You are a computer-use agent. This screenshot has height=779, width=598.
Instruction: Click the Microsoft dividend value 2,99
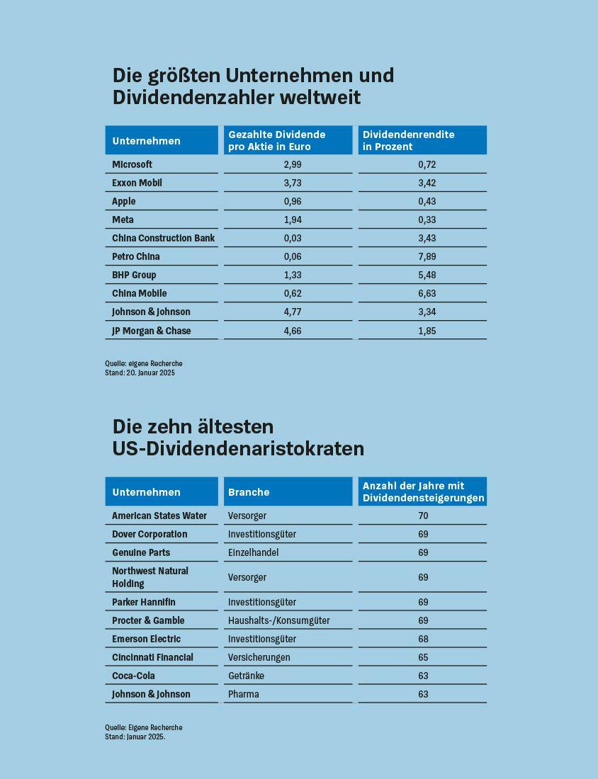(x=293, y=164)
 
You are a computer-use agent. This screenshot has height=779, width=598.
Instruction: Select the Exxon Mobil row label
(x=137, y=183)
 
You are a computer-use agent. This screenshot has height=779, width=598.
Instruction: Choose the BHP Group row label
(x=134, y=275)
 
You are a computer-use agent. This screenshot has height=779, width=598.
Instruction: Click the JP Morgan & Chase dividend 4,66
(x=293, y=331)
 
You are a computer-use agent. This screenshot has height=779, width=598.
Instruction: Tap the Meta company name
(x=123, y=220)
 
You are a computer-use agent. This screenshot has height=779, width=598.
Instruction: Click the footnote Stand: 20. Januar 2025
(x=140, y=373)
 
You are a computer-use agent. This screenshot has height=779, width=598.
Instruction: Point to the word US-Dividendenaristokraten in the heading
(x=238, y=448)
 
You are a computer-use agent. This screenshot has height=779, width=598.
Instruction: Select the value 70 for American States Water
(x=423, y=516)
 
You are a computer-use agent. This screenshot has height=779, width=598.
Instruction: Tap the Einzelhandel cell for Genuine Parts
(x=253, y=552)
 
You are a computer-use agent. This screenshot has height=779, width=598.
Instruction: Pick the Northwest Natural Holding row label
(x=150, y=577)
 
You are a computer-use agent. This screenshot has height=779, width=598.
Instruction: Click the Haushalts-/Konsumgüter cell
(x=278, y=620)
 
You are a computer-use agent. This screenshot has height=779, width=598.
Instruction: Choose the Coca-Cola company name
(x=133, y=676)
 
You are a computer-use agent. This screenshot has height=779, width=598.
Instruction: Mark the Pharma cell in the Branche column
(x=244, y=694)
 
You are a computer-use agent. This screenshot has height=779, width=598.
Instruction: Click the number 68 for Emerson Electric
(x=423, y=639)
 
